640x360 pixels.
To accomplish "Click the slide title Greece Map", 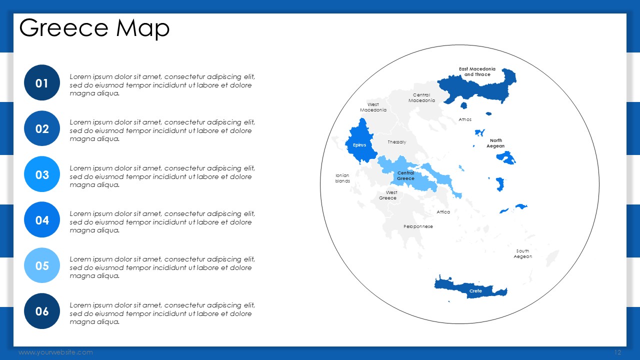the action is (x=94, y=28).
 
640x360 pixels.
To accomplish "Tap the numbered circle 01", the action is (x=42, y=83).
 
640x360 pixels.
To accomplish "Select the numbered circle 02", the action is (x=42, y=128).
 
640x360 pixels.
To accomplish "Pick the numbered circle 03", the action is (x=42, y=174).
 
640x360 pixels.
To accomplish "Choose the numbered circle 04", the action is (x=42, y=219).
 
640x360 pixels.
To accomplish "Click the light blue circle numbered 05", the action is (x=42, y=265).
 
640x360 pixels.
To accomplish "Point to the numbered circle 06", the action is (x=42, y=311).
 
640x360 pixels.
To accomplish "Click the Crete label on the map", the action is (x=475, y=291).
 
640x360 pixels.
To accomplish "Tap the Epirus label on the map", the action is (x=359, y=145).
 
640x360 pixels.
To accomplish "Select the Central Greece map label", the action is (x=405, y=175).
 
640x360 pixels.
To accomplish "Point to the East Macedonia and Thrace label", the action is (x=477, y=71).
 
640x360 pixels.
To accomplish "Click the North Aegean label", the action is (x=495, y=143).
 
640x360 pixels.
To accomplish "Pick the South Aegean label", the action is (x=523, y=253).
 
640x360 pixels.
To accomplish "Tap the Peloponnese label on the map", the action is (x=418, y=226).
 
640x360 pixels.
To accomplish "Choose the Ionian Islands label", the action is (x=342, y=178).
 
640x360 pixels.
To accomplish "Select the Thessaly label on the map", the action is (x=397, y=142).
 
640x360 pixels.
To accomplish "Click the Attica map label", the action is (x=443, y=212).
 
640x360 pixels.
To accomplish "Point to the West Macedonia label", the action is (x=373, y=107).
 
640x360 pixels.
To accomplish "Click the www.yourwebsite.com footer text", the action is (x=55, y=352).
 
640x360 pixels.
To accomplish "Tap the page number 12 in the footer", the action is (x=617, y=352).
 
